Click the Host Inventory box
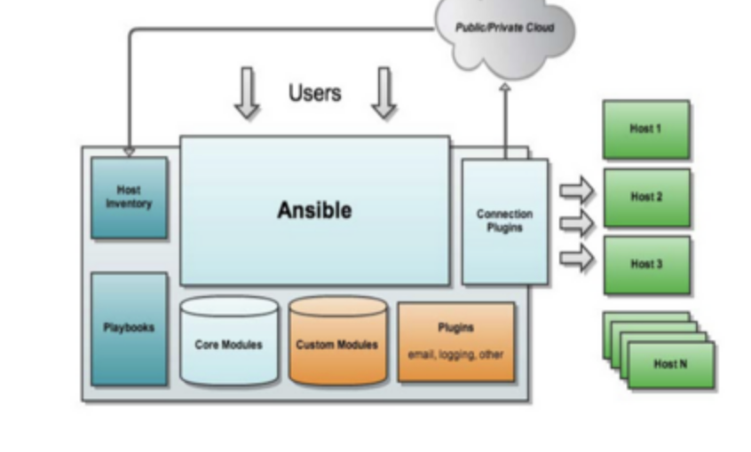tap(129, 198)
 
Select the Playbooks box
tap(129, 328)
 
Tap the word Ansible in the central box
tap(314, 210)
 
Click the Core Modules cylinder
tap(229, 343)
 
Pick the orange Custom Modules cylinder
tap(337, 343)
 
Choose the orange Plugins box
tap(455, 341)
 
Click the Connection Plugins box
tap(504, 221)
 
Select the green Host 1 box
tap(646, 129)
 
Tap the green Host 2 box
tap(646, 198)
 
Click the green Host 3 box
tap(646, 265)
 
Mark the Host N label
tap(670, 364)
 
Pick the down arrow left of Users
tap(247, 93)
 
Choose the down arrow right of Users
tap(383, 93)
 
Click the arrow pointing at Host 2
tap(576, 223)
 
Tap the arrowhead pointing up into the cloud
tap(504, 88)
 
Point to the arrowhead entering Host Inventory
tap(129, 152)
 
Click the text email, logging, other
tap(455, 355)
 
